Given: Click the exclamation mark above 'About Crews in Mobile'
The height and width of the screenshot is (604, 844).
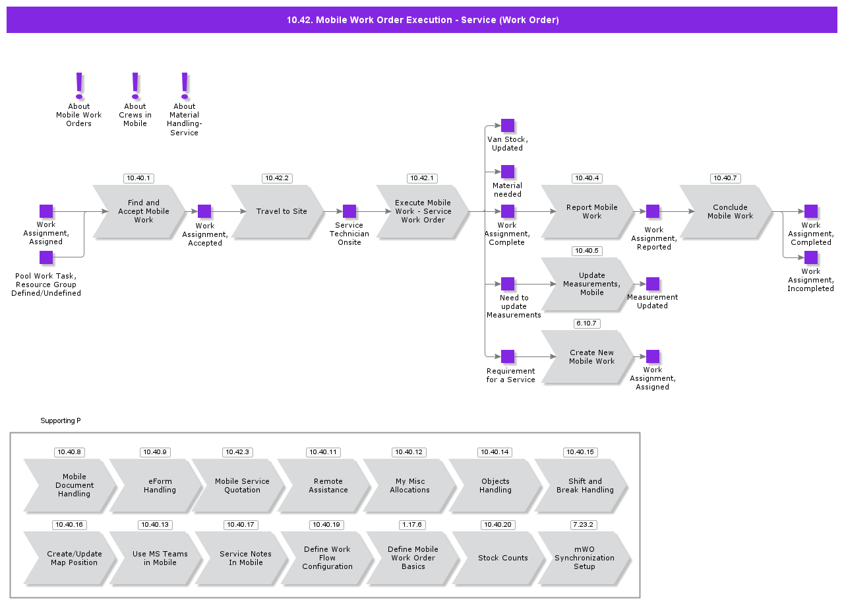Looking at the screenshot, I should [x=135, y=84].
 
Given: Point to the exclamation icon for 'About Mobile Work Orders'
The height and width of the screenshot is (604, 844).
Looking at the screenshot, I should [x=79, y=84].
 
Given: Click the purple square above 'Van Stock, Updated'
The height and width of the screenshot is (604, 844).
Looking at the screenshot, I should [x=508, y=125].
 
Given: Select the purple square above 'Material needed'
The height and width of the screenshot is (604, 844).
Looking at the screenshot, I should [x=508, y=172].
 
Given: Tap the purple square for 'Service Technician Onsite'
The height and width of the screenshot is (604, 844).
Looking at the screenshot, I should [x=349, y=211].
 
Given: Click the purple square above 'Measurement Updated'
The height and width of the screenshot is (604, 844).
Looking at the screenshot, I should [x=653, y=284].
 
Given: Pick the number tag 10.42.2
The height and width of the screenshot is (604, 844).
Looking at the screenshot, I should [x=277, y=178].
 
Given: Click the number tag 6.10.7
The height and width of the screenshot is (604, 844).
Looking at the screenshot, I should [x=587, y=323].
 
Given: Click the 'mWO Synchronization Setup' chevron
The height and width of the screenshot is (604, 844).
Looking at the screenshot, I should [x=583, y=558].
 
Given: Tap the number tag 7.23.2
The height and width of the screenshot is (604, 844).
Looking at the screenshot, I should [x=584, y=525].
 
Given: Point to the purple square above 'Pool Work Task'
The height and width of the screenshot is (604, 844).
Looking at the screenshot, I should [x=46, y=257].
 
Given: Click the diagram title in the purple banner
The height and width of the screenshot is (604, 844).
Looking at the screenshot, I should [x=422, y=20].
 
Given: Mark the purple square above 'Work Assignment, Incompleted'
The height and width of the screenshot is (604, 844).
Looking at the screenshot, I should [x=811, y=257].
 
